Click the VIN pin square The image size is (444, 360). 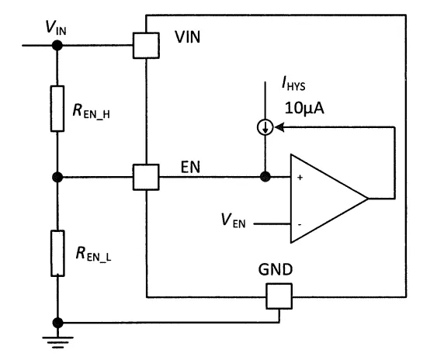click(x=146, y=46)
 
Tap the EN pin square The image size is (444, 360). click(x=146, y=177)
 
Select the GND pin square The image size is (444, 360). click(x=279, y=296)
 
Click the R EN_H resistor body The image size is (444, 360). click(x=57, y=109)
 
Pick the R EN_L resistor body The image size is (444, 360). click(x=57, y=253)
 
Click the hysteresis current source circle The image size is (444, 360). click(x=265, y=127)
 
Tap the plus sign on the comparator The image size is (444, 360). click(x=300, y=178)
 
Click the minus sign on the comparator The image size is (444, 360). click(x=300, y=225)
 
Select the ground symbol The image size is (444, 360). click(x=57, y=342)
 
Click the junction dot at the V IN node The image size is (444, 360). click(x=57, y=45)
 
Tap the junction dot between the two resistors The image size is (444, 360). click(x=57, y=177)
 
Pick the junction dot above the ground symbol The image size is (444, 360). click(x=57, y=323)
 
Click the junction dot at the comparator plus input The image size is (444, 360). click(x=265, y=177)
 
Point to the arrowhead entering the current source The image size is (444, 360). click(x=279, y=127)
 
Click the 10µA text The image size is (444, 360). click(x=304, y=108)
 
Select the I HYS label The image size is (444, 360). click(x=293, y=84)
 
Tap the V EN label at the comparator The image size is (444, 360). click(x=233, y=220)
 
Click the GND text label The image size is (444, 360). click(x=276, y=269)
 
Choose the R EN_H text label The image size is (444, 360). click(x=91, y=111)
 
